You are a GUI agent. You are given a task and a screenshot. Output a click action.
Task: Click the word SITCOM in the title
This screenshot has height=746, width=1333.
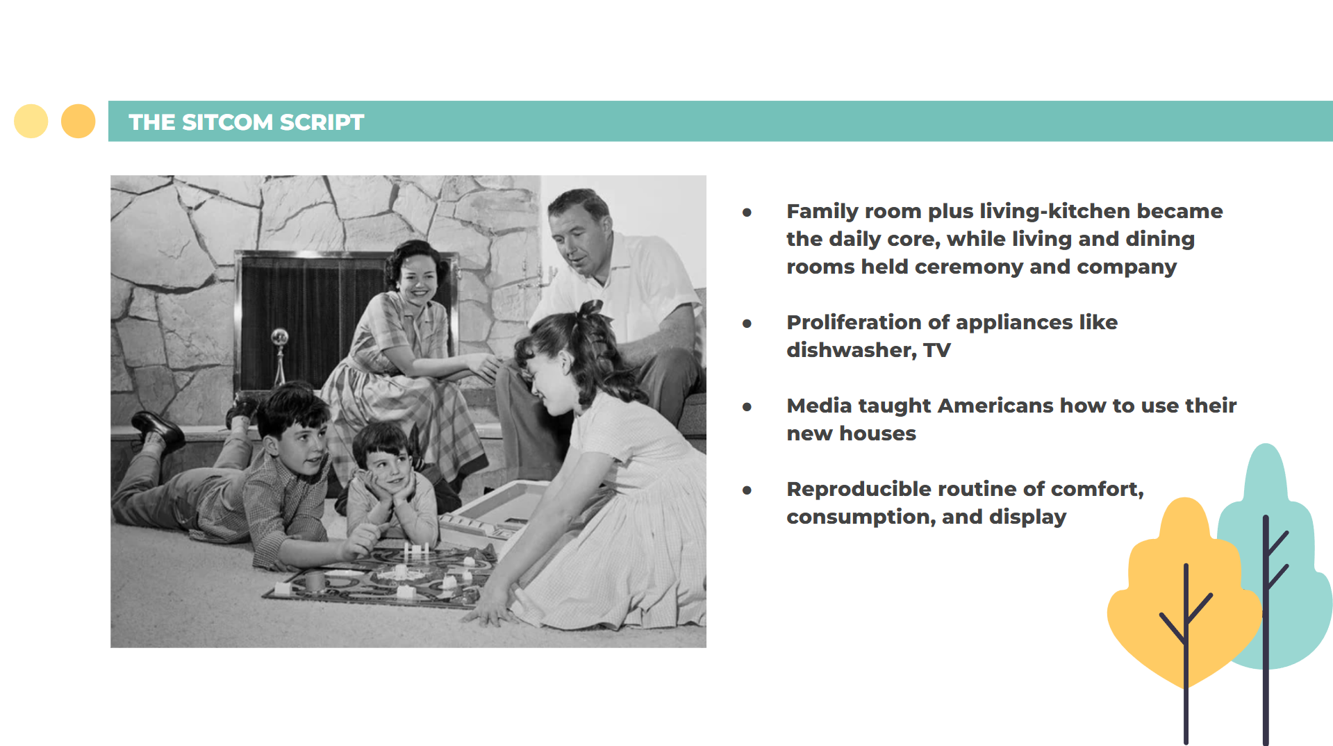click(x=227, y=122)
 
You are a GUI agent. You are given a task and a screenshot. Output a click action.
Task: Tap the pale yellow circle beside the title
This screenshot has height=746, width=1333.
click(x=31, y=121)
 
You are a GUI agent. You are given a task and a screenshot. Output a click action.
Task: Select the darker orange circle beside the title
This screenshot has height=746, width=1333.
click(x=78, y=121)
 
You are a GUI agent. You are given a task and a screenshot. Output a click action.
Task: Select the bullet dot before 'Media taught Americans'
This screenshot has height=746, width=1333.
click(x=747, y=406)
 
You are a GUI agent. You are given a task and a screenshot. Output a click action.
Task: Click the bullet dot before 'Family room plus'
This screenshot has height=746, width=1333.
click(x=747, y=212)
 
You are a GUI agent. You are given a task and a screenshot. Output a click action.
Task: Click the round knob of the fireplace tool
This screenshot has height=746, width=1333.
click(x=279, y=337)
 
